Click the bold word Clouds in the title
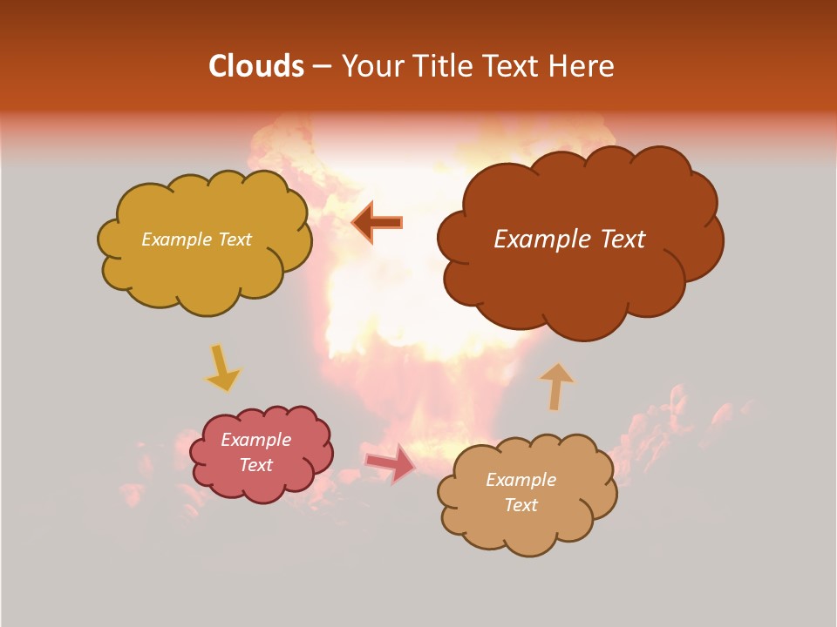pyautogui.click(x=255, y=66)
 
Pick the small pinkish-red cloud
pyautogui.click(x=262, y=483)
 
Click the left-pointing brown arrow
pyautogui.click(x=377, y=223)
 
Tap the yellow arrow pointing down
pyautogui.click(x=221, y=368)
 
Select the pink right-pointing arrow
pyautogui.click(x=390, y=462)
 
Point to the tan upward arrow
pyautogui.click(x=556, y=386)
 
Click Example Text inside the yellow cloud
pyautogui.click(x=196, y=239)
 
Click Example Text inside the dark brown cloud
pyautogui.click(x=569, y=239)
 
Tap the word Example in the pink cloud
pyautogui.click(x=255, y=440)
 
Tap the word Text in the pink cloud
pyautogui.click(x=255, y=465)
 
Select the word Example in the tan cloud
pyautogui.click(x=521, y=480)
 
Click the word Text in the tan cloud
pyautogui.click(x=521, y=505)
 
